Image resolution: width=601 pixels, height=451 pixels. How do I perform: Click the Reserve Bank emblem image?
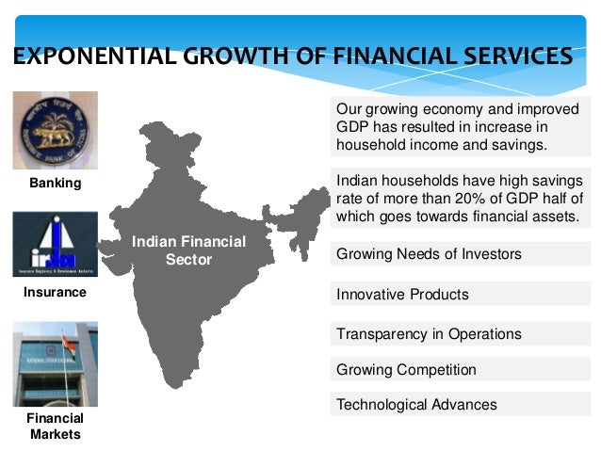pyautogui.click(x=55, y=130)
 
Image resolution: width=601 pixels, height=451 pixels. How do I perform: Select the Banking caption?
pyautogui.click(x=55, y=184)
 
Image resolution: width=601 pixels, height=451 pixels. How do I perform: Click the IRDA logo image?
pyautogui.click(x=55, y=244)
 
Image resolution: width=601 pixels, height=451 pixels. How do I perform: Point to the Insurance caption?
pyautogui.click(x=55, y=293)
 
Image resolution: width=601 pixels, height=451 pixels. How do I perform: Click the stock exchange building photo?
pyautogui.click(x=55, y=363)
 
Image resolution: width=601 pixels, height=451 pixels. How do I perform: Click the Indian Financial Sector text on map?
pyautogui.click(x=188, y=250)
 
